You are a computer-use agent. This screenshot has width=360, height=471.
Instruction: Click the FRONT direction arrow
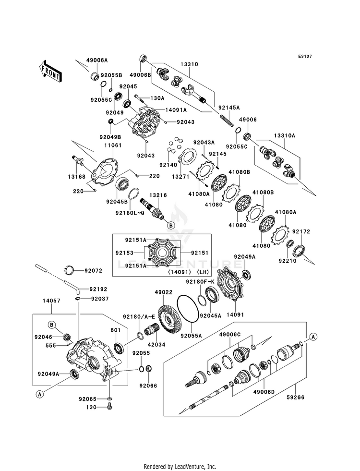50,71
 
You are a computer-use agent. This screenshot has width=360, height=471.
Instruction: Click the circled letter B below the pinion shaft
170,225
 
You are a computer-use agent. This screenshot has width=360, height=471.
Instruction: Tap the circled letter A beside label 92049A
39,394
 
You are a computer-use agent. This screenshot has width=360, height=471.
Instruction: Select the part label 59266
296,398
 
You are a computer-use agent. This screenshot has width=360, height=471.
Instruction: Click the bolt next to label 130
109,407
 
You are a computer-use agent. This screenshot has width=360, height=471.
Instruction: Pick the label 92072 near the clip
94,271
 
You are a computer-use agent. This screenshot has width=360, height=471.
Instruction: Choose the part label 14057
51,301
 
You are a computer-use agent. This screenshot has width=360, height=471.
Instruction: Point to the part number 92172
301,231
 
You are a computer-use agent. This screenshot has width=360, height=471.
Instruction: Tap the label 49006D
264,392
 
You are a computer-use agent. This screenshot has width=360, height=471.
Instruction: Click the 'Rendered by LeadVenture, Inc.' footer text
180,467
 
